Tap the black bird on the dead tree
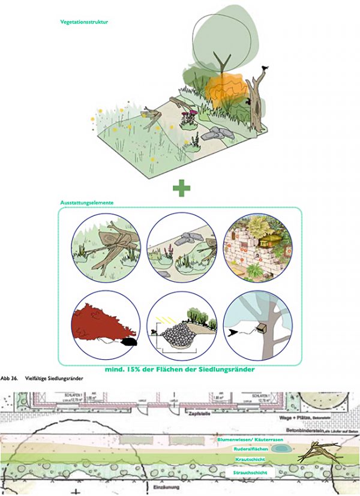pos(264,70)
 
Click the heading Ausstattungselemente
pos(87,203)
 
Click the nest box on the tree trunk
pos(262,328)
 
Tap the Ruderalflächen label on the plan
pos(251,449)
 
